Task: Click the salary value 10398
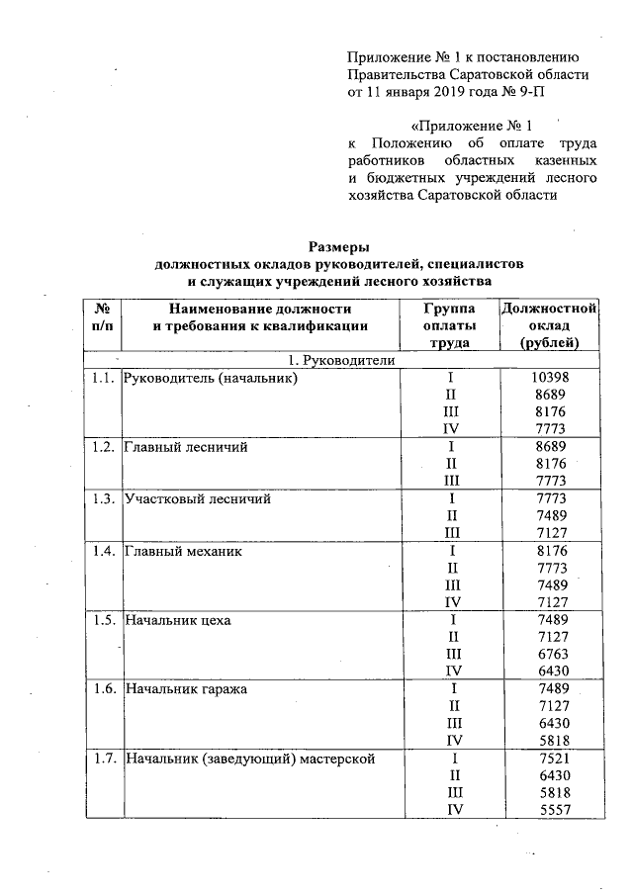point(550,378)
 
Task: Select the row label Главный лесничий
point(185,447)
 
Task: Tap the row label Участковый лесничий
point(197,498)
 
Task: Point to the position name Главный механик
point(182,551)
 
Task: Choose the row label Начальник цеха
point(178,620)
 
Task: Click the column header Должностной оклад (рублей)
point(550,325)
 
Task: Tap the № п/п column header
point(101,316)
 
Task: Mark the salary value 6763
point(550,654)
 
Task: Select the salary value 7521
point(550,759)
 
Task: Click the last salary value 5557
point(550,809)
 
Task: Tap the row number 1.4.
point(101,551)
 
